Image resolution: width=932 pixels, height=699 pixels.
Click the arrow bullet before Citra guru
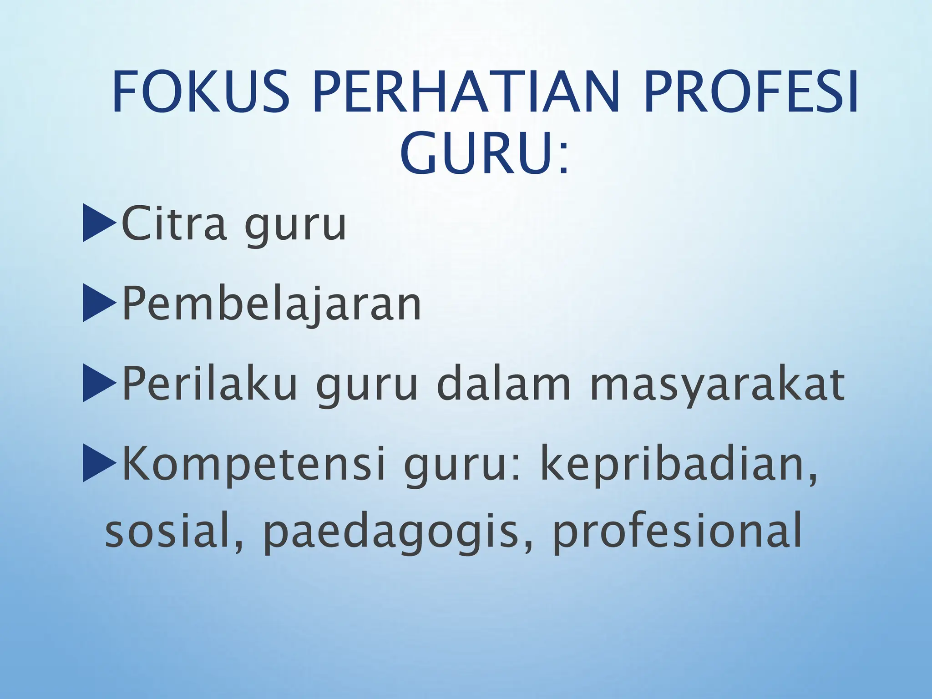point(99,223)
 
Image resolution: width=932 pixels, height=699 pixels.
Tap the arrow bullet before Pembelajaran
point(98,303)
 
